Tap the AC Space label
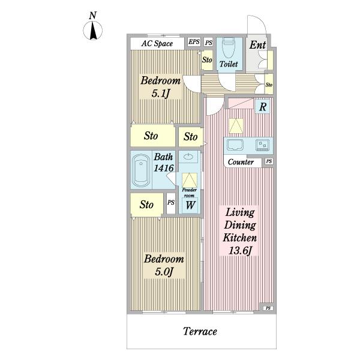[x=157, y=43]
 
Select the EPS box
[x=194, y=42]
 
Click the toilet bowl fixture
[x=229, y=48]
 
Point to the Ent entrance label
[x=257, y=45]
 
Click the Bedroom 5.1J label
[x=160, y=86]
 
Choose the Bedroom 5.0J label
[x=164, y=265]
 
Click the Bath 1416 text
[x=163, y=163]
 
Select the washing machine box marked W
[x=190, y=205]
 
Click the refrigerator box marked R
[x=263, y=107]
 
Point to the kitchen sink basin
[x=235, y=145]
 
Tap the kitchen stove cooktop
[x=263, y=145]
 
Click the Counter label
[x=241, y=162]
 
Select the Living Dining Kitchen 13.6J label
[x=240, y=231]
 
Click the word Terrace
[x=200, y=331]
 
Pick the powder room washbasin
[x=188, y=157]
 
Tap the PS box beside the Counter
[x=269, y=161]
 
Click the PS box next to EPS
[x=209, y=43]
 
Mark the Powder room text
[x=190, y=193]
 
